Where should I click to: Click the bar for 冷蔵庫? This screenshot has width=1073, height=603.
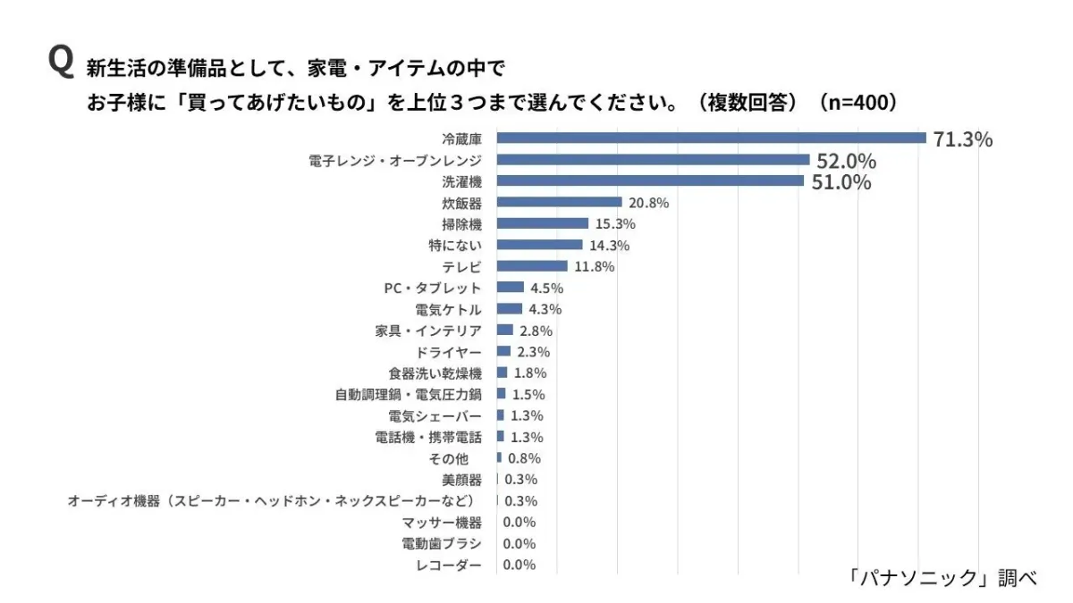coord(711,138)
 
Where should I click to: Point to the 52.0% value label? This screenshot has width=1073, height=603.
coord(846,161)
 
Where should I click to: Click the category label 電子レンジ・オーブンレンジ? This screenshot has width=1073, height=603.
coord(395,160)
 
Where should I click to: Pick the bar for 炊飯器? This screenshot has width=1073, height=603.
coord(559,202)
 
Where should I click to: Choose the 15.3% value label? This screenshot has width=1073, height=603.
coord(613,224)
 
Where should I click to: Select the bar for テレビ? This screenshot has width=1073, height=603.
coord(532,266)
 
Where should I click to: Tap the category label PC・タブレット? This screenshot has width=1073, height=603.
coord(432,288)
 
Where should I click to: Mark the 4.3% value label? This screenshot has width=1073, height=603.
coord(545,309)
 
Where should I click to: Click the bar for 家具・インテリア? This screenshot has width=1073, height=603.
coord(505,330)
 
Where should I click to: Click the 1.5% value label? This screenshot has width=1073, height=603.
coord(528,395)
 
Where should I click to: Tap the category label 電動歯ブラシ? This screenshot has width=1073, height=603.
coord(442,544)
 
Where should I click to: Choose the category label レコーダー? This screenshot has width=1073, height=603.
coord(449,565)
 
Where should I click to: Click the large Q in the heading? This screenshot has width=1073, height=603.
coord(60,63)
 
